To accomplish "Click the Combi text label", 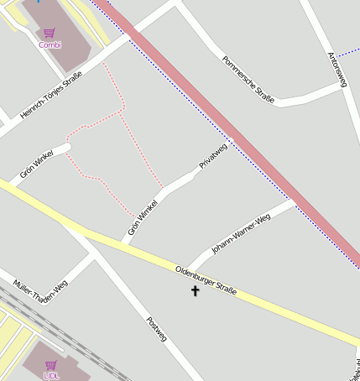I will pos(50,44).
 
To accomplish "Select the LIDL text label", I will pos(51,375).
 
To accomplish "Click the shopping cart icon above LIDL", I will pos(50,365).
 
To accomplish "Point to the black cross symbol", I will pos(196,291).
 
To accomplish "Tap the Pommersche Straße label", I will pos(248,79).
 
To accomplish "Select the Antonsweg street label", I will pos(337,69).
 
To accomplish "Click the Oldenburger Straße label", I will pos(206,281).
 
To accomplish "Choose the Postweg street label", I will pos(157,330).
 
